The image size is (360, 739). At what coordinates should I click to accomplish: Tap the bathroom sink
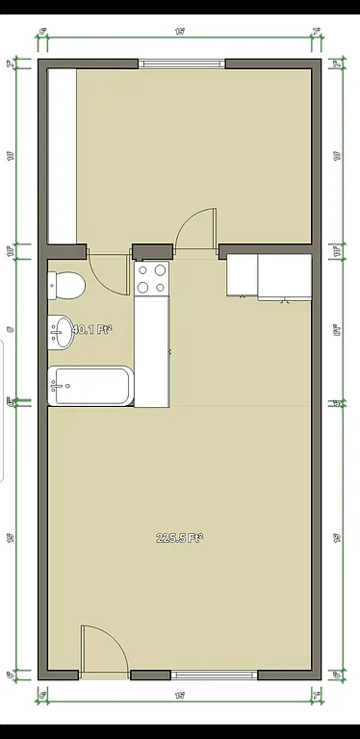pos(62,333)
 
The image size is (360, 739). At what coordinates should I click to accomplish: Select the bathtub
pos(90,387)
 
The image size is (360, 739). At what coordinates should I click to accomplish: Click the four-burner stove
pos(152,279)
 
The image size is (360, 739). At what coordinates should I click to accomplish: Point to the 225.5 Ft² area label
pos(179,538)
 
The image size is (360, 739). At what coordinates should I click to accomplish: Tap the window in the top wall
pos(182,64)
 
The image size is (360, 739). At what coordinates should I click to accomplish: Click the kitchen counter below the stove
pos(152,351)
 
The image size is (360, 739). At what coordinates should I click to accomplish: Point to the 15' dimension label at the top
pos(180,32)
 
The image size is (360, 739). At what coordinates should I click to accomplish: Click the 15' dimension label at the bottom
pos(180,693)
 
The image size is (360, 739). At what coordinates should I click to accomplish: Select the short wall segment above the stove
pos(152,252)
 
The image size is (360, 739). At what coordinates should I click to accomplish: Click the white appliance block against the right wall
pos(269,275)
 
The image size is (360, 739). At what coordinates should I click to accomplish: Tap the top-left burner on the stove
pos(143,270)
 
